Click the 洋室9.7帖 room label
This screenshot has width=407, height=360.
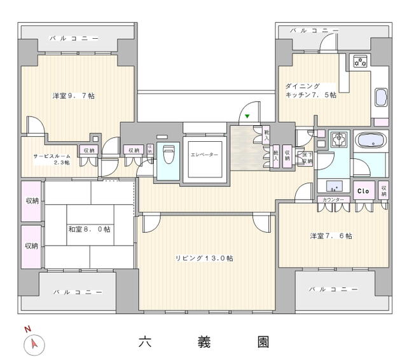(73, 96)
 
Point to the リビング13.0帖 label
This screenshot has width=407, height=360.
(204, 258)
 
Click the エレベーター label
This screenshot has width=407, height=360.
(204, 155)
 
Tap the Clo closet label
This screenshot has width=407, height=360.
(363, 191)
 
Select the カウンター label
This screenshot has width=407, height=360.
(333, 200)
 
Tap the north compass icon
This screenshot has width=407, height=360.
(33, 344)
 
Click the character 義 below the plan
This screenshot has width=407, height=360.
(204, 342)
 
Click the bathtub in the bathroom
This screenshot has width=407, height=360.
(369, 141)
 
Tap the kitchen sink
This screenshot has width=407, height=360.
(381, 97)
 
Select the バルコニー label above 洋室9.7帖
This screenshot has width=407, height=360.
(76, 38)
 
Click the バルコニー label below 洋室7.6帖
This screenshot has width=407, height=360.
(334, 289)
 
